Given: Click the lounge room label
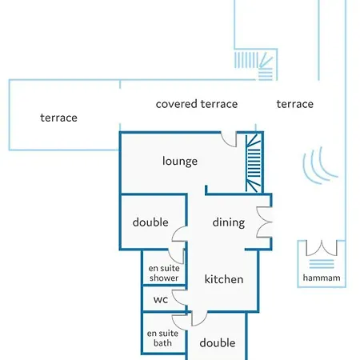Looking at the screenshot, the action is [x=180, y=162].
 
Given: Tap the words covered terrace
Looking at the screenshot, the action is [x=197, y=104].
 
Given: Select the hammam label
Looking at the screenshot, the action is [x=322, y=278].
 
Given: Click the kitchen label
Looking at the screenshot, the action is [x=224, y=279].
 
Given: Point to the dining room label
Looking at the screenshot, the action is [x=229, y=222].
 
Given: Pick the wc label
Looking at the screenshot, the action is [x=161, y=300].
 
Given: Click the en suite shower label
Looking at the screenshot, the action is [x=164, y=273].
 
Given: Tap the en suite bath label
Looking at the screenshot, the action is [x=162, y=338].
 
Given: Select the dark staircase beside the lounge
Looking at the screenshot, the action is [x=254, y=163].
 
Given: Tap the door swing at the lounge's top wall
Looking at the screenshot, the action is [x=229, y=139].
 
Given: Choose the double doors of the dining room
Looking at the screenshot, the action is [x=264, y=222].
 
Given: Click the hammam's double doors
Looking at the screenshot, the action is [x=322, y=248].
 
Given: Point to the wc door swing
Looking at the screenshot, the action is [x=179, y=298].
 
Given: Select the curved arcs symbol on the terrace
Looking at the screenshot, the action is [x=320, y=166].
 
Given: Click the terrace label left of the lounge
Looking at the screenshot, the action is [x=58, y=118].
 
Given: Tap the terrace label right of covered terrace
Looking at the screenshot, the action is [x=295, y=104].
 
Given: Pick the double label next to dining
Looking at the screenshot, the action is [x=150, y=222].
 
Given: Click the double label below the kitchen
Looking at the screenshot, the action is [x=218, y=343].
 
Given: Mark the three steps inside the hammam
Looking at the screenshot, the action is [x=322, y=264].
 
